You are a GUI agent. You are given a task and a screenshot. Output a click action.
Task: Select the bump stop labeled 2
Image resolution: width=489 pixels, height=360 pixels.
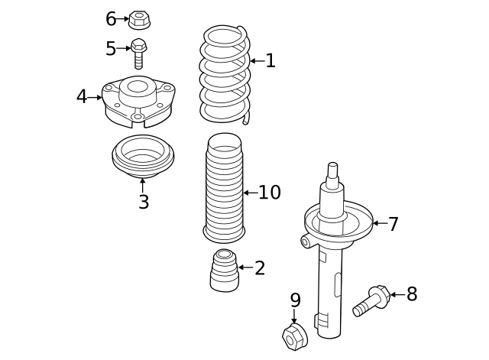[x=223, y=271]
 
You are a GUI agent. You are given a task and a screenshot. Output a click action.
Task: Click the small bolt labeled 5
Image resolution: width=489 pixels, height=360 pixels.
[x=138, y=53]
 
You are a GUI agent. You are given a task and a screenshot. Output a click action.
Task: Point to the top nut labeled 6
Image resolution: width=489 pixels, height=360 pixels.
[x=138, y=18]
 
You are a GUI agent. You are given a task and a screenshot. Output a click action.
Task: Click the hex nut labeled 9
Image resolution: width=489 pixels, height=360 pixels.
[x=294, y=336]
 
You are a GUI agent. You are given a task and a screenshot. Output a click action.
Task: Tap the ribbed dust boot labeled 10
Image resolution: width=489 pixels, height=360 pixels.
[x=224, y=188]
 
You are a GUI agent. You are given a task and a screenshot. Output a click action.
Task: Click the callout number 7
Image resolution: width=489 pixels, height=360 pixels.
[x=393, y=224]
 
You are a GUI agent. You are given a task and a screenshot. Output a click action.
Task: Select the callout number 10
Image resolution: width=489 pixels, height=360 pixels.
[x=269, y=193]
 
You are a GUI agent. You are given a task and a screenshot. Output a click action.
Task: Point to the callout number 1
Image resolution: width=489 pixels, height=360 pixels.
[x=270, y=60]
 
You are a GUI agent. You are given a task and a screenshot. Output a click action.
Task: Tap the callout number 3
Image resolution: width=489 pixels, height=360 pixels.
[x=143, y=203]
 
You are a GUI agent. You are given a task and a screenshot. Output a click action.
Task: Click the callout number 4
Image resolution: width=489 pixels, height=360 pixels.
[x=82, y=97]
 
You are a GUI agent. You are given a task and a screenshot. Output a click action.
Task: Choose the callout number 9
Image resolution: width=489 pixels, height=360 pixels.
[x=295, y=300]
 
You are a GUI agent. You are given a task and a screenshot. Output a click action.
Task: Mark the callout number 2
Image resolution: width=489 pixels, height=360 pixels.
[x=260, y=268]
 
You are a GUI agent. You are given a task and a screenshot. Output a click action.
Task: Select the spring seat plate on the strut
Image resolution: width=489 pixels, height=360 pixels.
[x=338, y=222]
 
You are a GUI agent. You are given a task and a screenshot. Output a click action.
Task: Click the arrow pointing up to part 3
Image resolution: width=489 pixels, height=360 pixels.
[x=142, y=184]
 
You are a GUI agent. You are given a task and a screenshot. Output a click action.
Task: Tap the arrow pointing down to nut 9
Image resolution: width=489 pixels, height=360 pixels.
[x=294, y=316]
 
